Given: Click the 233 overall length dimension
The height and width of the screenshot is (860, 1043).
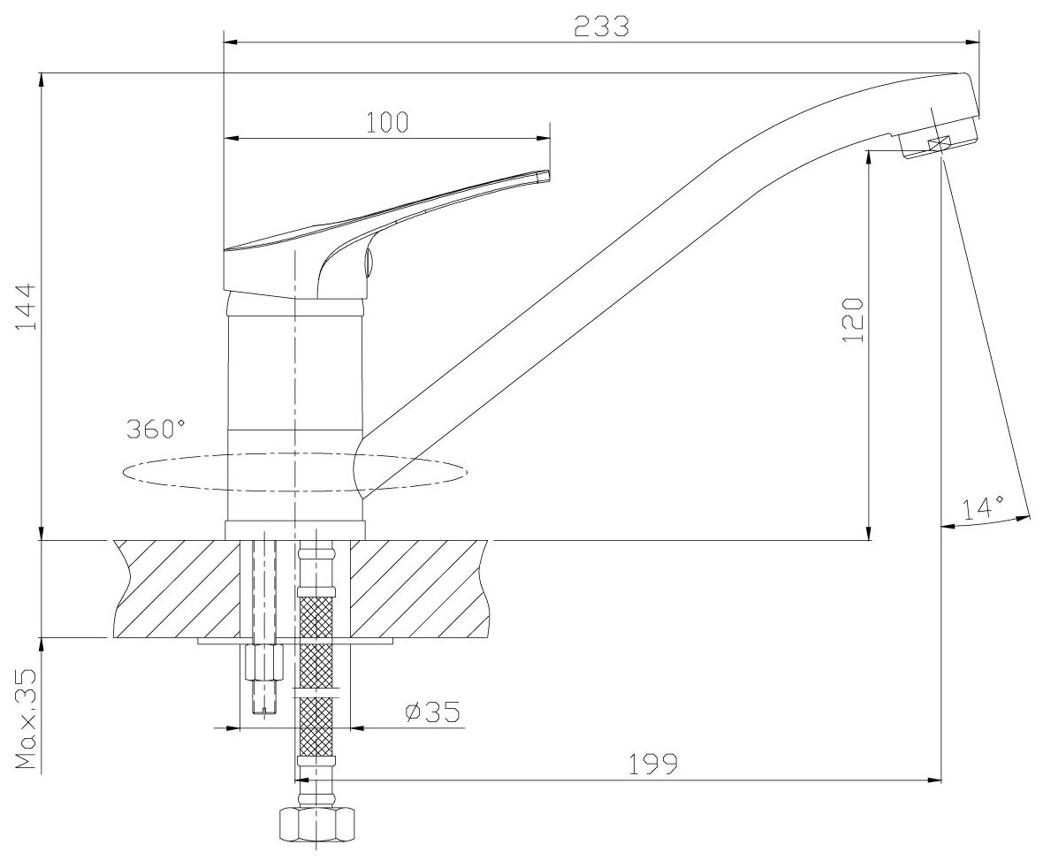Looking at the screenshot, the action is [x=601, y=27].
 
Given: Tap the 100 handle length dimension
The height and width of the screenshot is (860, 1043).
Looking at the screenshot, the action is [x=387, y=122].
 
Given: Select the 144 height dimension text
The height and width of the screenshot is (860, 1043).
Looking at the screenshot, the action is [x=24, y=307].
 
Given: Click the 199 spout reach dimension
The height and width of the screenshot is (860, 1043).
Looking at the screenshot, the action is [x=653, y=765].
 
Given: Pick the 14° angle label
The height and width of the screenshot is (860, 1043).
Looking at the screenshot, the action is [x=983, y=507].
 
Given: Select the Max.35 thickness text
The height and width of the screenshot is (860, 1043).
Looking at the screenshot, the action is [x=26, y=719].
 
